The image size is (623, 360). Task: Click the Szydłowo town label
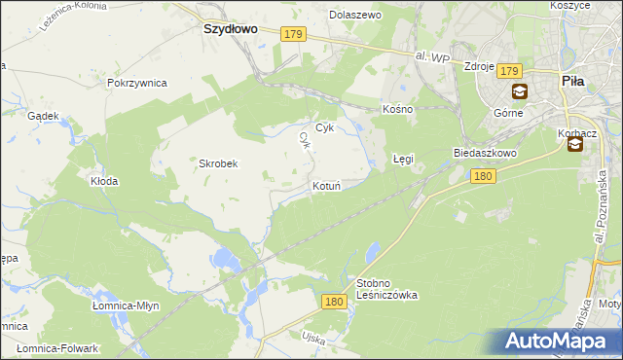pyautogui.click(x=230, y=29)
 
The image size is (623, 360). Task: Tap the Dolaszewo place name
pyautogui.click(x=355, y=16)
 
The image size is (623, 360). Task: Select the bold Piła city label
pyautogui.click(x=572, y=82)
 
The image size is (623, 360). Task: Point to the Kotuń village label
pyautogui.click(x=325, y=185)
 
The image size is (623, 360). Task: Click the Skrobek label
pyautogui.click(x=219, y=163)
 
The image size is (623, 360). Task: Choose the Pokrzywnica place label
pyautogui.click(x=138, y=83)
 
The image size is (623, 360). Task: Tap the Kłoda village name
pyautogui.click(x=104, y=181)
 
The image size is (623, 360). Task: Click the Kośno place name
pyautogui.click(x=398, y=109)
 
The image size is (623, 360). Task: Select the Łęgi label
pyautogui.click(x=403, y=157)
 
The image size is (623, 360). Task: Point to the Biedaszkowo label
pyautogui.click(x=484, y=154)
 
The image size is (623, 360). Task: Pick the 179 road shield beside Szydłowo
pyautogui.click(x=295, y=35)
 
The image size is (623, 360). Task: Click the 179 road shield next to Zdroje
pyautogui.click(x=511, y=71)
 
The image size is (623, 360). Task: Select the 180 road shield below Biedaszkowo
pyautogui.click(x=482, y=176)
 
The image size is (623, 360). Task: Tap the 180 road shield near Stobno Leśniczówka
pyautogui.click(x=333, y=303)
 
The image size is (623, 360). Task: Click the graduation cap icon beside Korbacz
pyautogui.click(x=574, y=145)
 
